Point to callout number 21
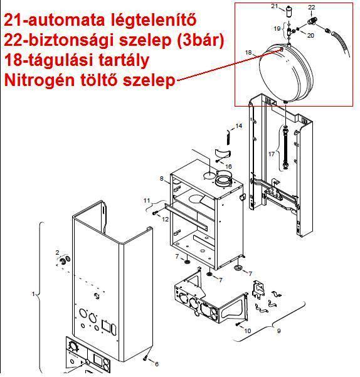pyautogui.click(x=275, y=6)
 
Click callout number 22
pyautogui.click(x=311, y=8)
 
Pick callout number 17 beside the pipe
pyautogui.click(x=272, y=154)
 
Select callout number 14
pyautogui.click(x=238, y=125)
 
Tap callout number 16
pyautogui.click(x=228, y=166)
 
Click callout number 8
pyautogui.click(x=161, y=179)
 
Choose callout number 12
pyautogui.click(x=166, y=220)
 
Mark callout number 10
pyautogui.click(x=248, y=331)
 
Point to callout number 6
pyautogui.click(x=157, y=364)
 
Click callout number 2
pyautogui.click(x=57, y=252)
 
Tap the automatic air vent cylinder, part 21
pyautogui.click(x=289, y=11)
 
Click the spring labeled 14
pyautogui.click(x=228, y=137)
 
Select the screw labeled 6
pyautogui.click(x=146, y=358)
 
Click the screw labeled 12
pyautogui.click(x=154, y=213)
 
